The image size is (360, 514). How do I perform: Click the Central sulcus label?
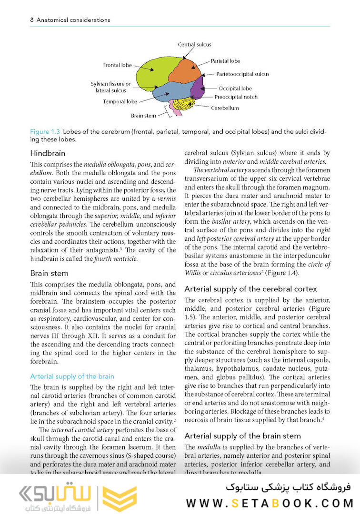pos(195,45)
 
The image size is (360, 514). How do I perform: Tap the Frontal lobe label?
pos(118,65)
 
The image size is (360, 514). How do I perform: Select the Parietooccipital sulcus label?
pos(242,74)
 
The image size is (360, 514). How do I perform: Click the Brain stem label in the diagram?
pos(143,116)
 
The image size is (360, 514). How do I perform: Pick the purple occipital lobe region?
pos(197,89)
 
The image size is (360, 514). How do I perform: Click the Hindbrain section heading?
pos(48,154)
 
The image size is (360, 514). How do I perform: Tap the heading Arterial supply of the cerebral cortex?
pos(250,289)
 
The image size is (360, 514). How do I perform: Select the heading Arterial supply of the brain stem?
pos(242,436)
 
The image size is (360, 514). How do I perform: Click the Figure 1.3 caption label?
pos(45,131)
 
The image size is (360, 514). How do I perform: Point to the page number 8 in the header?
pos(18,20)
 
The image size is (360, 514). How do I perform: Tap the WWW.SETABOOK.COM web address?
pos(270,503)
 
